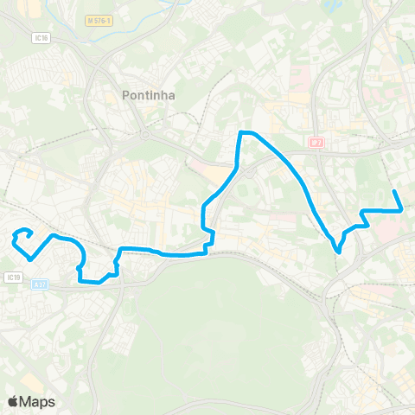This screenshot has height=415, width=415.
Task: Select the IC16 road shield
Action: click(x=41, y=37)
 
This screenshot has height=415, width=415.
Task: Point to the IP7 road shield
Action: click(x=316, y=140)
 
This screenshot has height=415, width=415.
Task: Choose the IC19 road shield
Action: click(x=12, y=277)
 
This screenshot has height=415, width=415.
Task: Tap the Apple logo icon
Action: click(x=13, y=401)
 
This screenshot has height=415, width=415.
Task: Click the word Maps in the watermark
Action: click(x=38, y=401)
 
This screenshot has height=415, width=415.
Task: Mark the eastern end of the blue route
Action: click(x=394, y=191)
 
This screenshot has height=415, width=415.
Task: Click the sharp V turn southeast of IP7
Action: click(x=338, y=252)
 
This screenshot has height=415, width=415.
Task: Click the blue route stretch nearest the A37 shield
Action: click(x=83, y=279)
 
